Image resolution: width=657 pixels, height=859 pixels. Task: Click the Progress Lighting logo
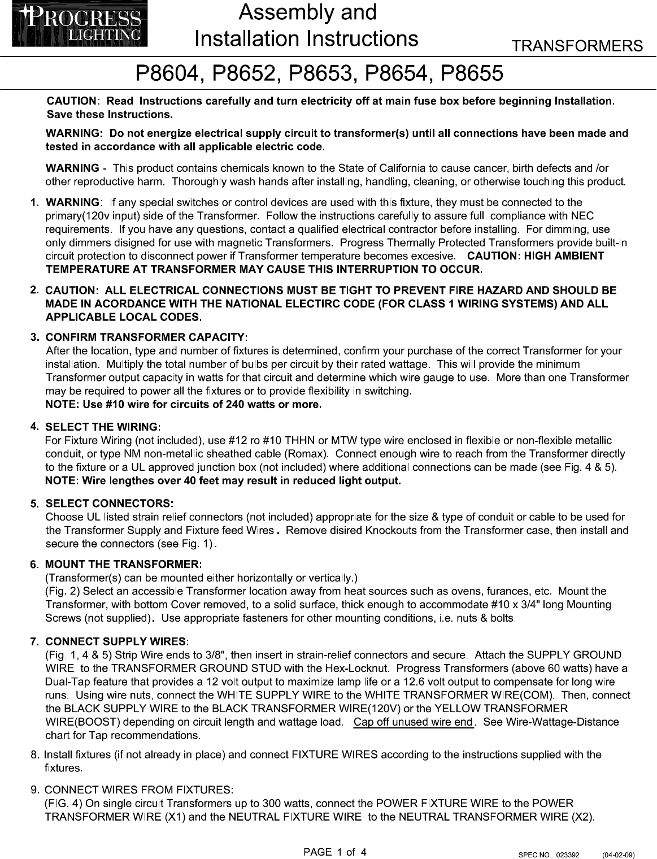[80, 26]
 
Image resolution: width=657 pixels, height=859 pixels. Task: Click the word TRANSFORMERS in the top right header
[577, 46]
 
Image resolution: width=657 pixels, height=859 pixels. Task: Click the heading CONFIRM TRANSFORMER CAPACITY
[146, 337]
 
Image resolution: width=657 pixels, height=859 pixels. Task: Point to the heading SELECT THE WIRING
[103, 426]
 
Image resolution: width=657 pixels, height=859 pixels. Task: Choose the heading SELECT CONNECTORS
[109, 503]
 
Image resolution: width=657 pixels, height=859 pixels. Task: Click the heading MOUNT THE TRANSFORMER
[123, 565]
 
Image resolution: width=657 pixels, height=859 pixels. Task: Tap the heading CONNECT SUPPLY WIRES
[116, 641]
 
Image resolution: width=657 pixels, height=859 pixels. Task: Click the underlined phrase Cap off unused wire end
[413, 722]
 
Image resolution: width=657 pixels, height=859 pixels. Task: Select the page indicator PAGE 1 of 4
[335, 852]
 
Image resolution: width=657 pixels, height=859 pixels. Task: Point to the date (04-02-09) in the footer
[619, 854]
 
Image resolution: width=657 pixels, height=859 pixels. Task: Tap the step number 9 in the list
[35, 789]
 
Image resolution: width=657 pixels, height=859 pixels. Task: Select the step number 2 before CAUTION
[34, 290]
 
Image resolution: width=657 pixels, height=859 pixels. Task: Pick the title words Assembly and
[307, 12]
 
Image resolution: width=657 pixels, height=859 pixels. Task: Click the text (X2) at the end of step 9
[582, 817]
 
